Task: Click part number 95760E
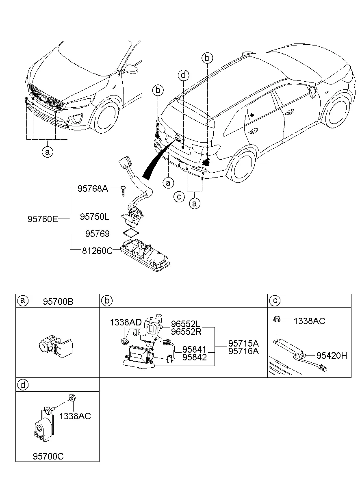coord(43,219)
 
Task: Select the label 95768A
coord(93,189)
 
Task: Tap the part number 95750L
coord(94,217)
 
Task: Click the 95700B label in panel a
coord(58,302)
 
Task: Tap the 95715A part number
coord(243,343)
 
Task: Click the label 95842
coord(194,357)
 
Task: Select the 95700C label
coord(48,456)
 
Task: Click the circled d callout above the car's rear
coord(184,75)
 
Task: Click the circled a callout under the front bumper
coord(48,152)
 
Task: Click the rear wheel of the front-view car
coord(106,117)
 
